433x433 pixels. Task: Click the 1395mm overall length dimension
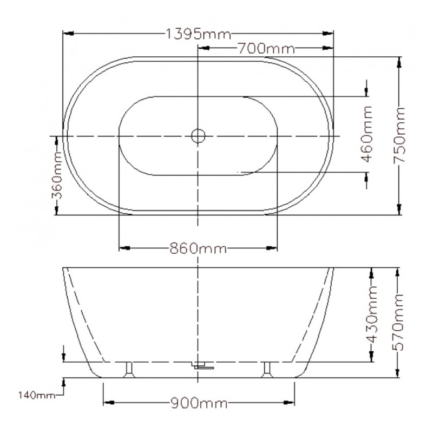point(198,34)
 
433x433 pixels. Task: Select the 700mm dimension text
point(266,49)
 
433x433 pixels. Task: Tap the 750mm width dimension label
point(399,135)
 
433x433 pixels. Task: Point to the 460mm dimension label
point(367,134)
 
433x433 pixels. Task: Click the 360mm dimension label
point(57,175)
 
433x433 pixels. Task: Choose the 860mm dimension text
point(198,248)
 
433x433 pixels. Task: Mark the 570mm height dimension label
point(398,322)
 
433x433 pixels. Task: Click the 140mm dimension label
point(37,396)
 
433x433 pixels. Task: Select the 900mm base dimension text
point(199,403)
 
